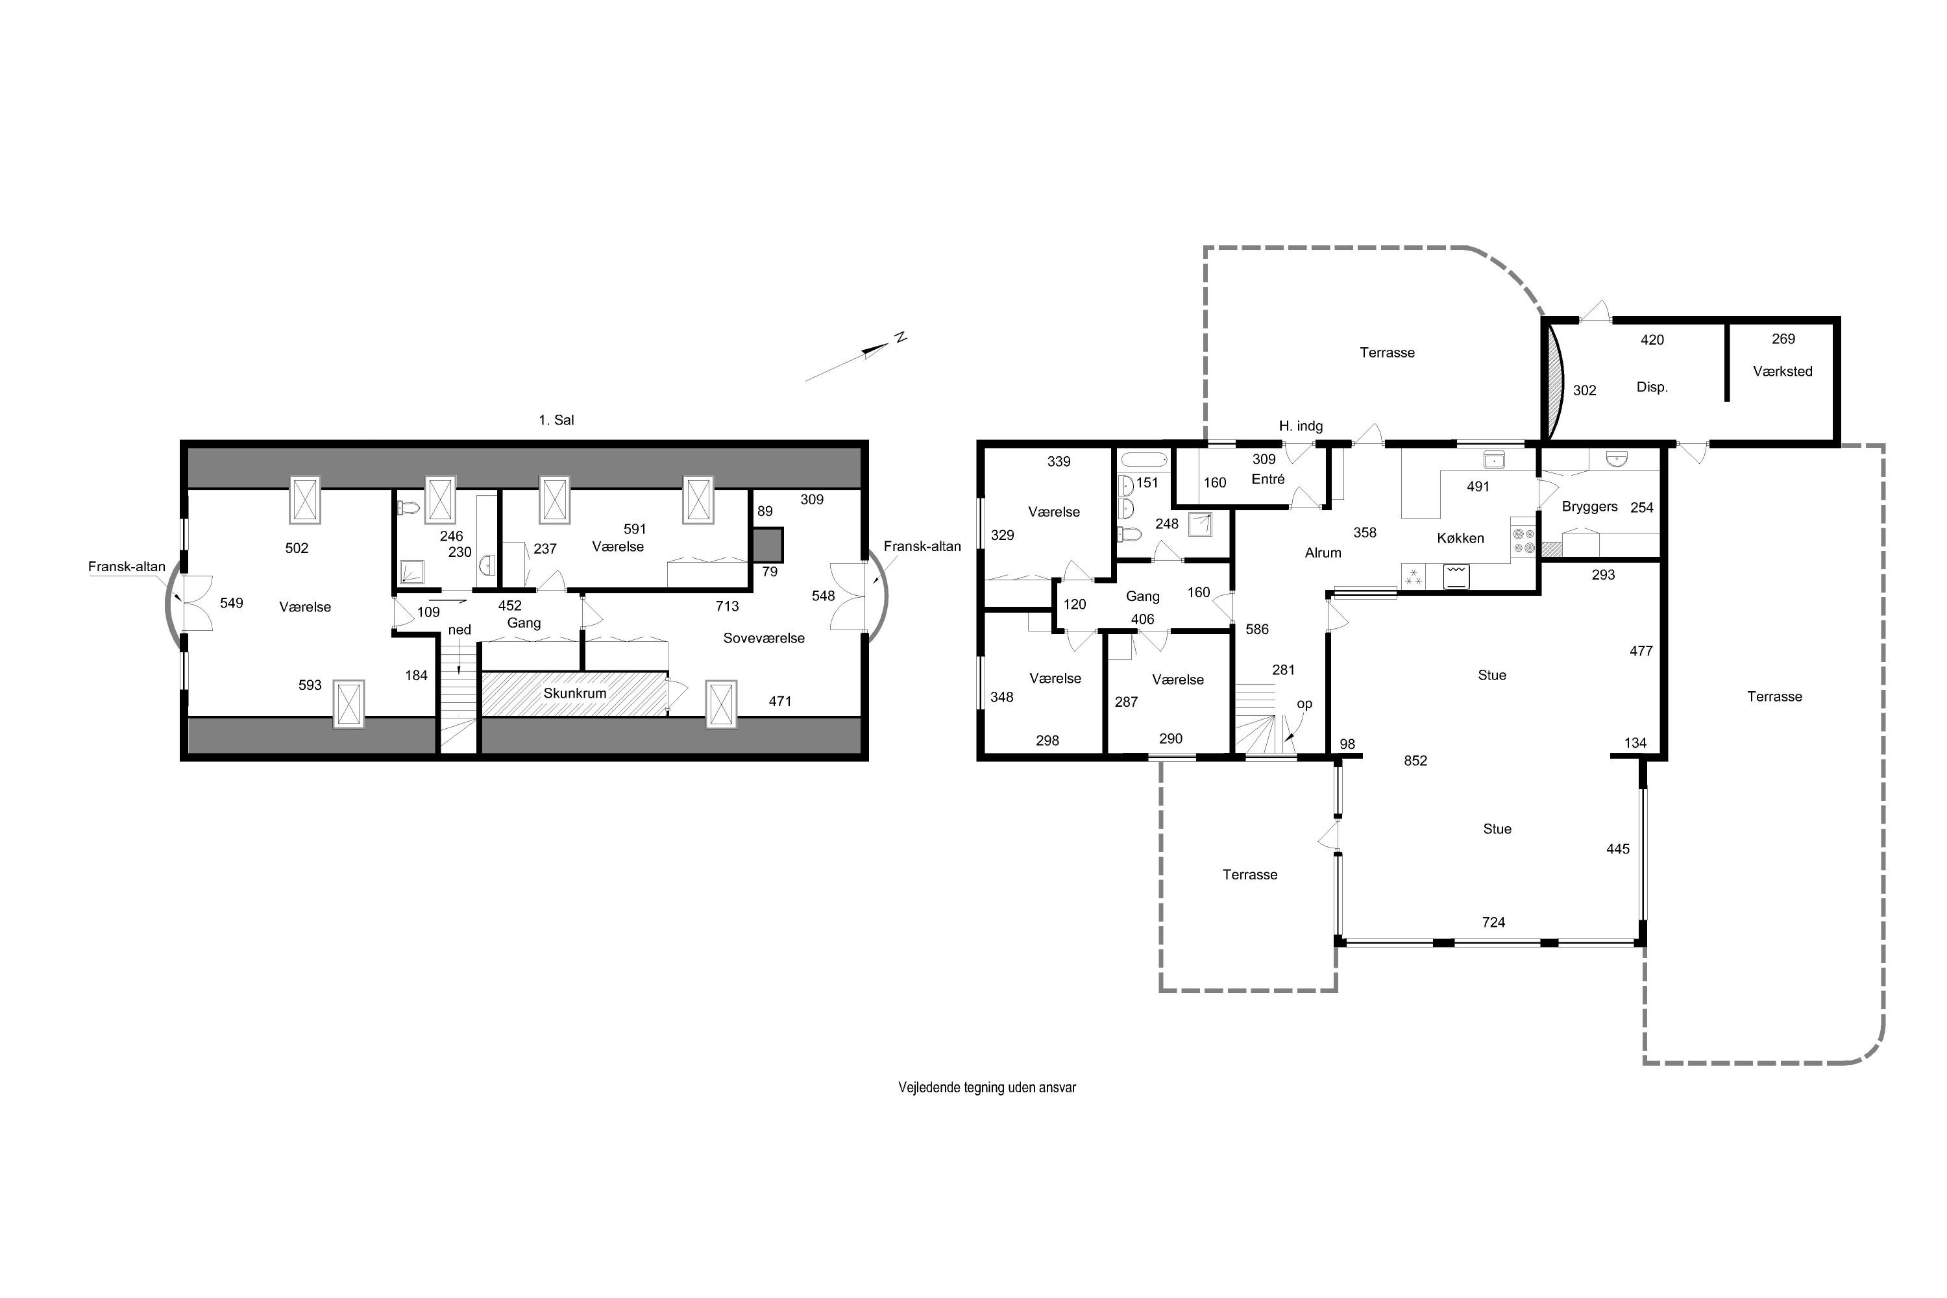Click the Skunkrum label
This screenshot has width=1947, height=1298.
574,693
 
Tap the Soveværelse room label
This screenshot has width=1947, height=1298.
763,638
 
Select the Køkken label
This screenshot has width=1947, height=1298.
1460,538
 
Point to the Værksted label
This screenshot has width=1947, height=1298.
1782,372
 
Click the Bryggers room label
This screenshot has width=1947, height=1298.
1589,507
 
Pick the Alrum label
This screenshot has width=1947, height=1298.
1323,553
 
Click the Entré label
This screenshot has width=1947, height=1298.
1268,480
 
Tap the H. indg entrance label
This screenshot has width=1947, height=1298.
1301,426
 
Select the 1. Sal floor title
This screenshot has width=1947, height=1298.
556,421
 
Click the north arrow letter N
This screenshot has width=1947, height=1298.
901,337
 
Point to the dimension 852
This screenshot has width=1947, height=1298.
1415,761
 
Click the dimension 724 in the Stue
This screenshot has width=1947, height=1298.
1493,922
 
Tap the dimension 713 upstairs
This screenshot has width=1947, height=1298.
727,607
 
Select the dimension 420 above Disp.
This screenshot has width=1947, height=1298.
1652,340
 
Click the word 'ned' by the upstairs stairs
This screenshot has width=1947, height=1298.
459,630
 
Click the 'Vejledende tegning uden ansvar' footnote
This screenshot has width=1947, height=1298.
986,1088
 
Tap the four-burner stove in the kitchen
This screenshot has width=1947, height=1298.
1524,541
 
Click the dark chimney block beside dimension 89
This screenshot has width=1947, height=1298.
767,545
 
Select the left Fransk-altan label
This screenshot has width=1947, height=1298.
127,567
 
